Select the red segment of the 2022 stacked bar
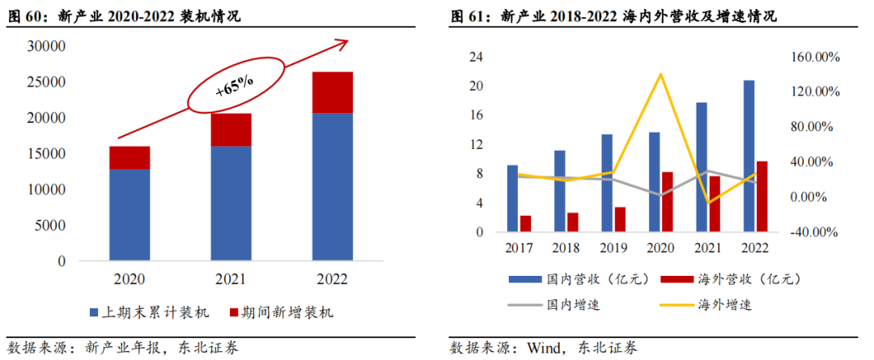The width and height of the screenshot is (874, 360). point(332,92)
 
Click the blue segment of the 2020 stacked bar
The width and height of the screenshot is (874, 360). point(129,214)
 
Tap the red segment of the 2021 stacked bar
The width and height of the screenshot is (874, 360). point(231,129)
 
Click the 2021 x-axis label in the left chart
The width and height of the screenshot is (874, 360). point(231,280)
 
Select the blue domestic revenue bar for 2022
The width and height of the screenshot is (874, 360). point(749,156)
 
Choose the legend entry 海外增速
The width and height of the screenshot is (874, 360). point(712,305)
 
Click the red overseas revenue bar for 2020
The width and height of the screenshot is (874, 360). point(668,202)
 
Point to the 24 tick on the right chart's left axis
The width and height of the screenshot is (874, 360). point(477,57)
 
